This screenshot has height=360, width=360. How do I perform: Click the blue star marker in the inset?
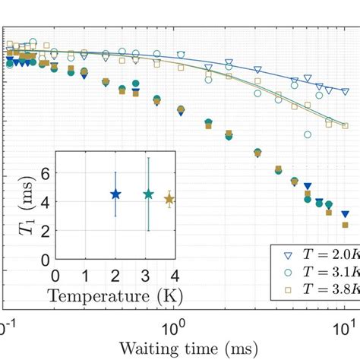115,194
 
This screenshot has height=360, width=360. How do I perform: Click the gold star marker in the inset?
169,199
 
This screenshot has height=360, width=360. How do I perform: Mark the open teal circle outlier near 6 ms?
308,134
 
